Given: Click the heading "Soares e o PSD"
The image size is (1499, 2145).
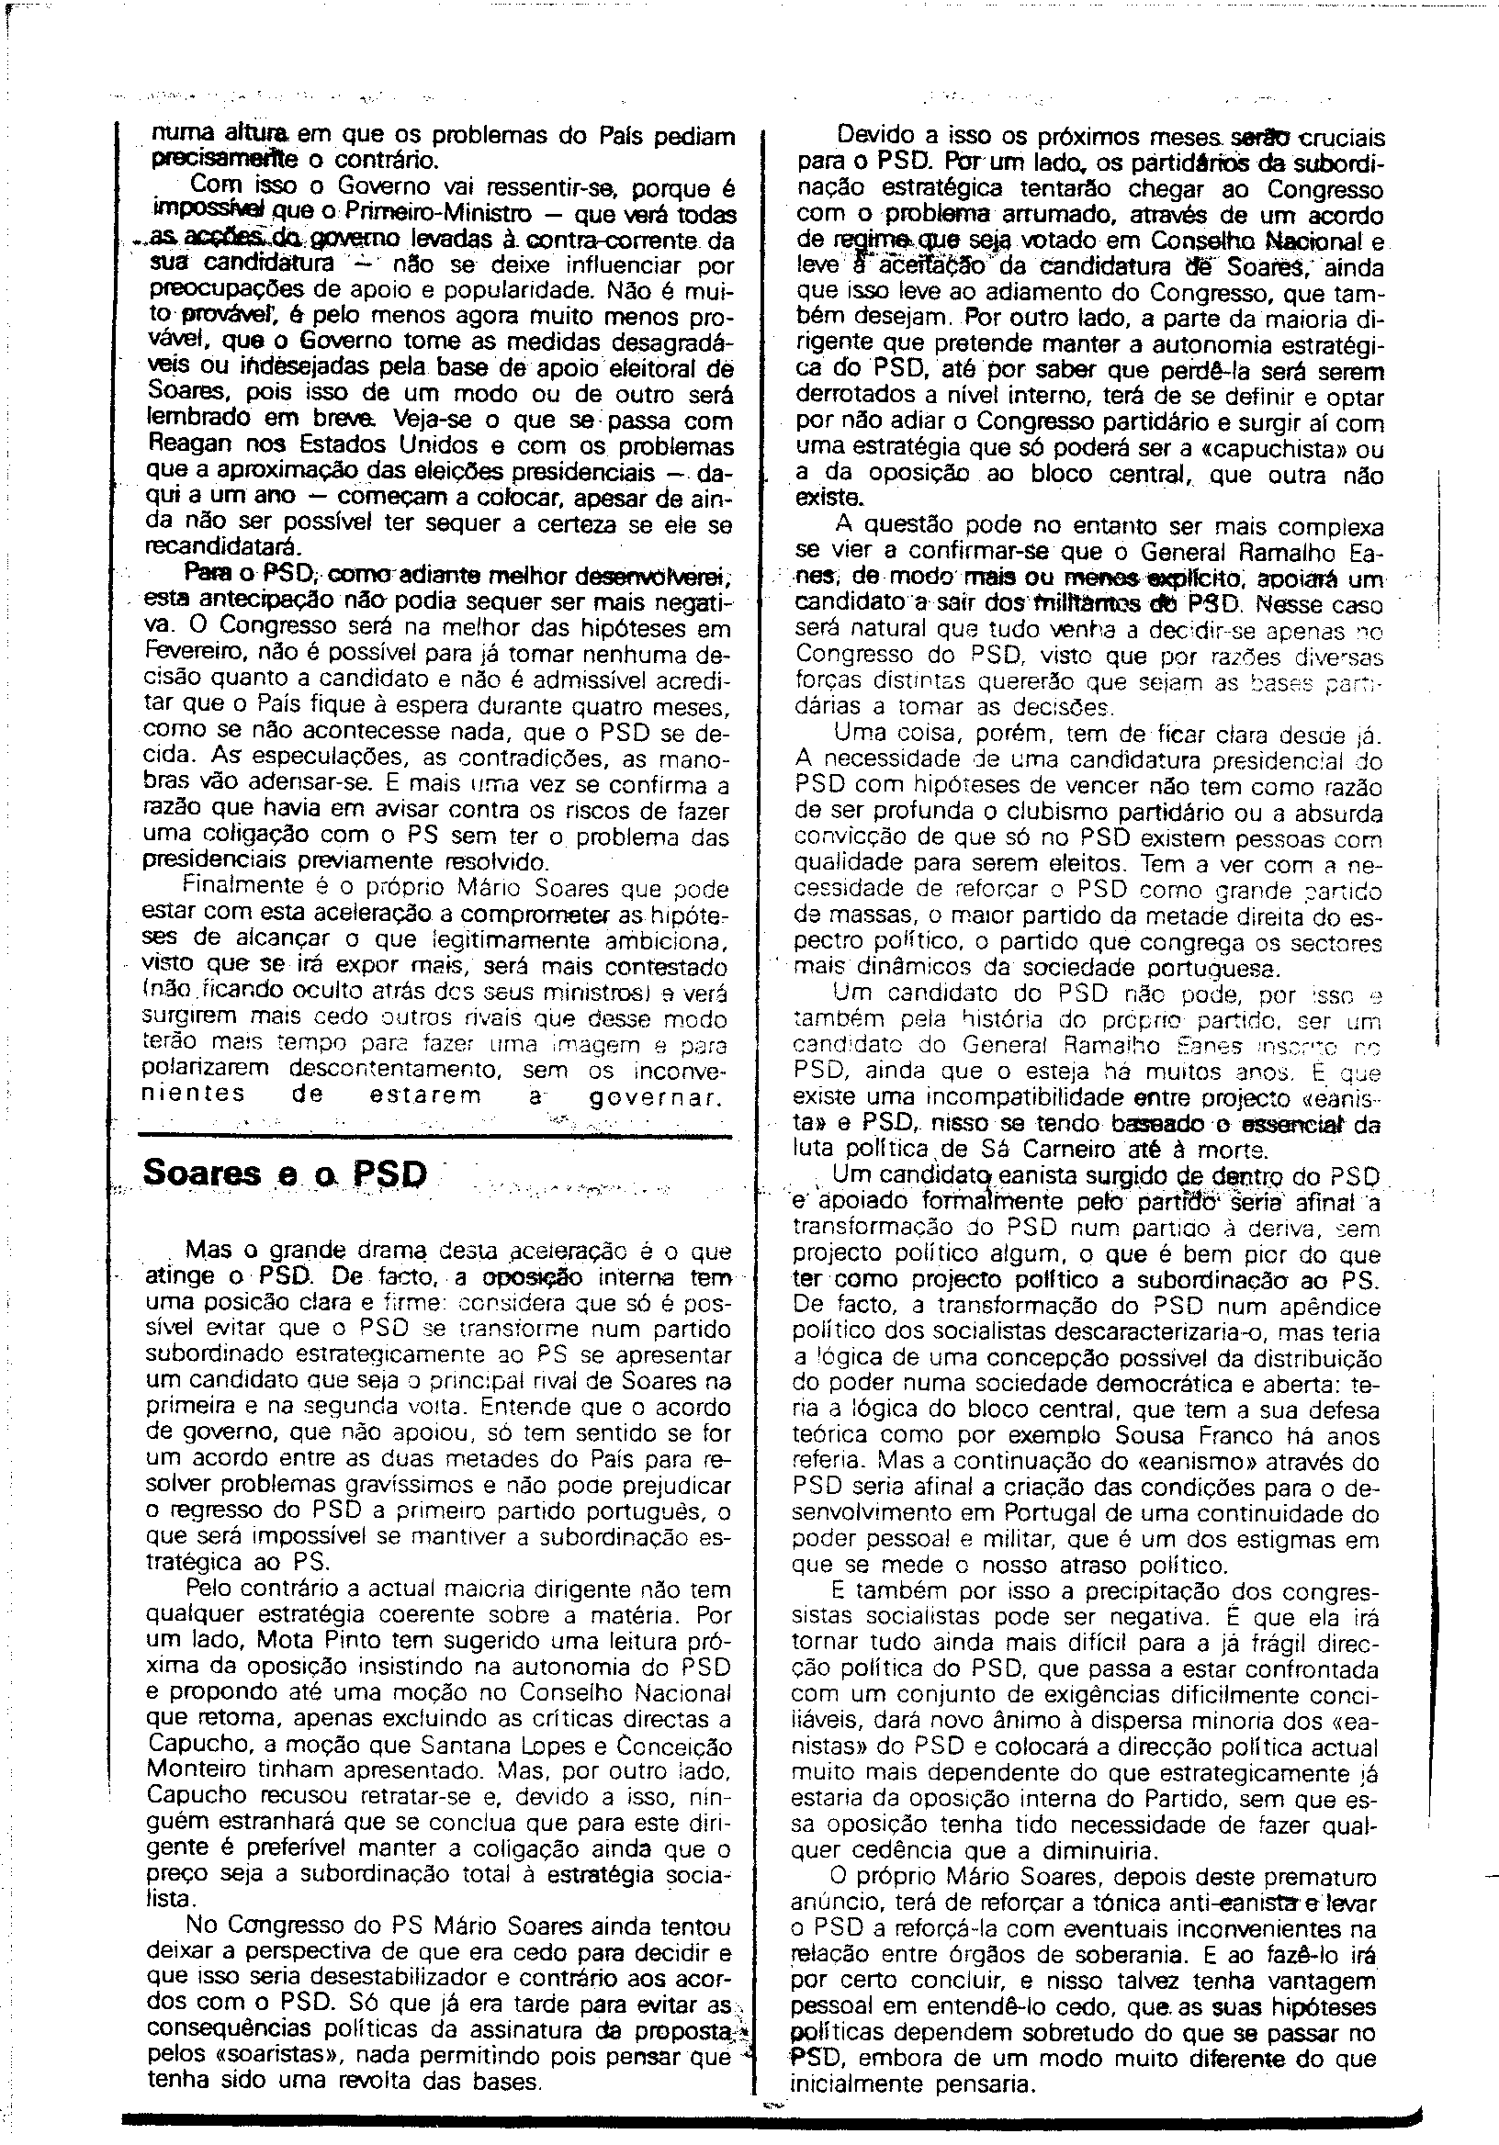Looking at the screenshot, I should coord(284,1174).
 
